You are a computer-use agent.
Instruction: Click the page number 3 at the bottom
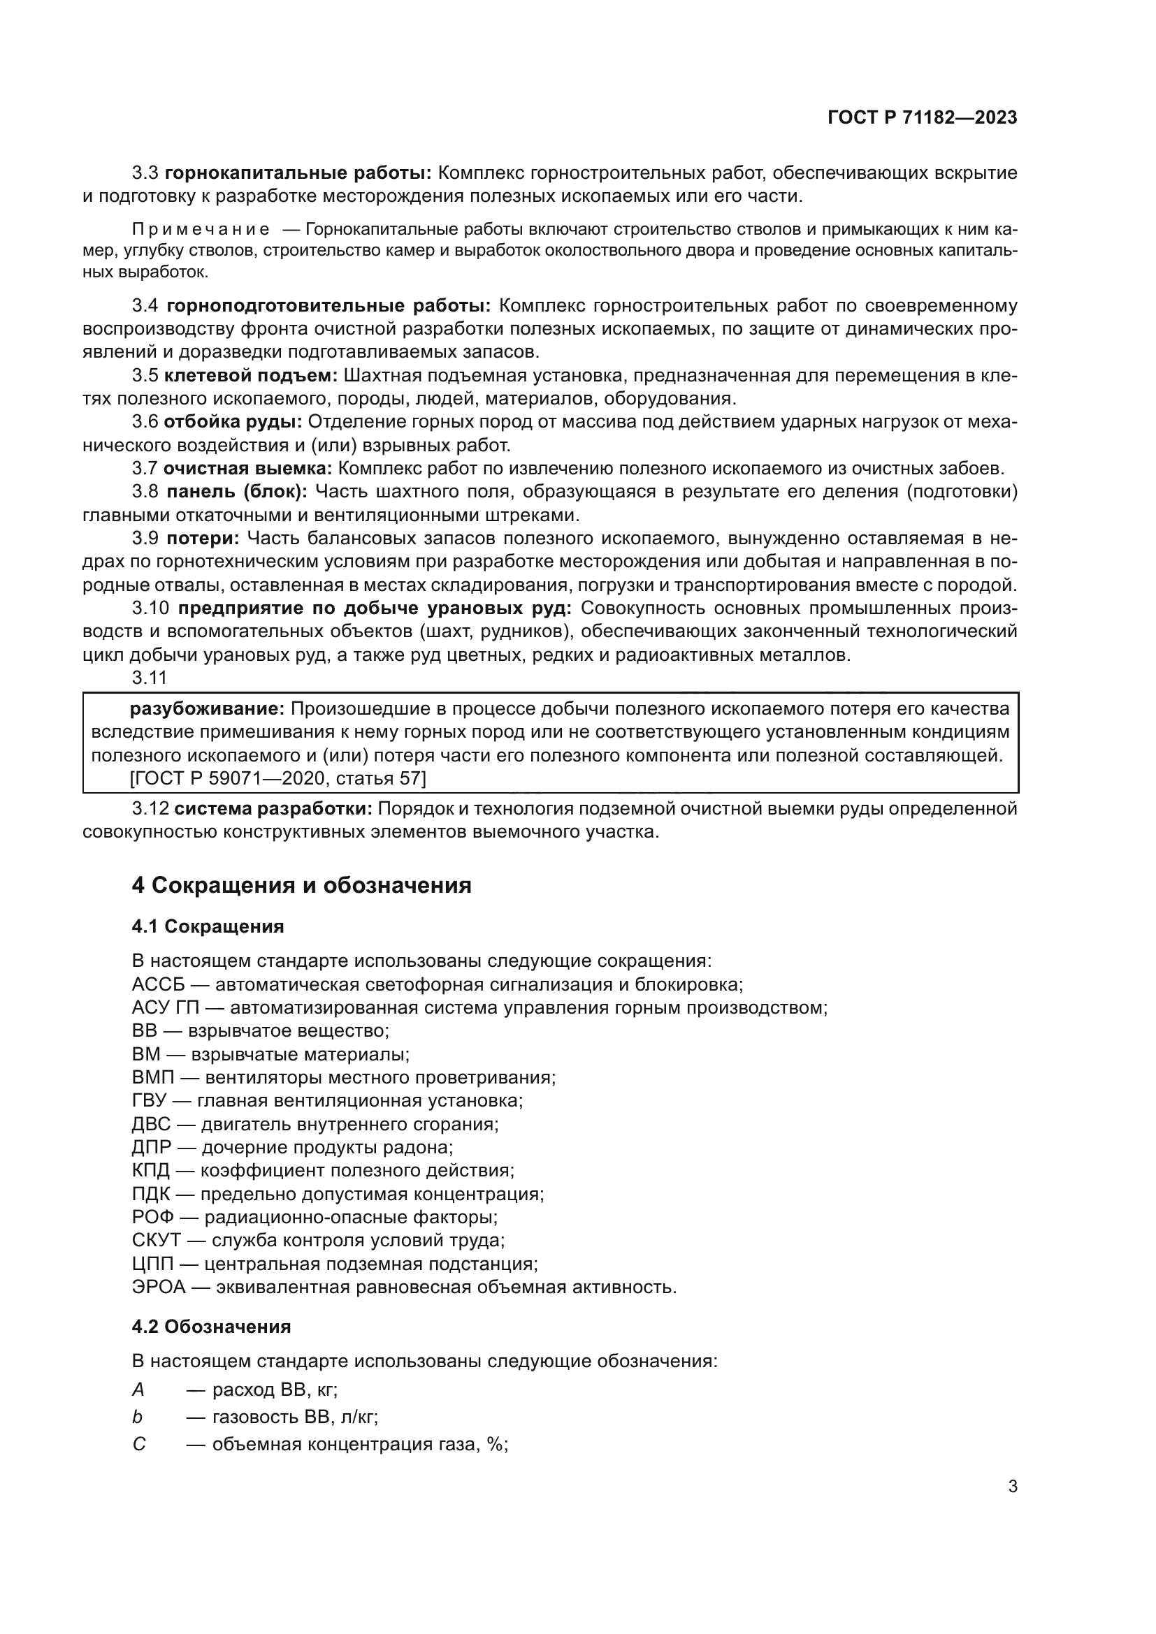tap(1012, 1487)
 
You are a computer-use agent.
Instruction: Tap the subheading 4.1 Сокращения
tap(207, 926)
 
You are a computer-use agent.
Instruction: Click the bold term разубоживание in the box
tap(206, 709)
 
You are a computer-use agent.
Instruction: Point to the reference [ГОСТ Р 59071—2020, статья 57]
tap(277, 778)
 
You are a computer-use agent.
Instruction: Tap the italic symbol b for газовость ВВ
tap(138, 1417)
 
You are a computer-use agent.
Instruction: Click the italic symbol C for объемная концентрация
tap(139, 1445)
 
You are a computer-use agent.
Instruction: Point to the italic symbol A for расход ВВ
tap(138, 1389)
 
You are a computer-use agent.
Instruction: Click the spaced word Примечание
tap(201, 230)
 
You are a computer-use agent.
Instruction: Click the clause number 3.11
tap(149, 678)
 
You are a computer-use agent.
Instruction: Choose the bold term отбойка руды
tap(232, 421)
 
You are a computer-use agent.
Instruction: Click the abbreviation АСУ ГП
tap(165, 1008)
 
